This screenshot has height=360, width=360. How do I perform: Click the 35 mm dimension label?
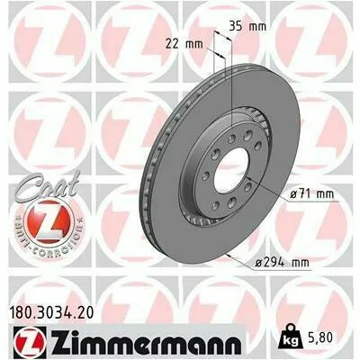point(247,27)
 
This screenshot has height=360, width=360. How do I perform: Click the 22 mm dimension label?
point(184,44)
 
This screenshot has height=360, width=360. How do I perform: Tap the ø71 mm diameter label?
point(311,194)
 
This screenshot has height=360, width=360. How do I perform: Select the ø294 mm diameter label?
point(282,263)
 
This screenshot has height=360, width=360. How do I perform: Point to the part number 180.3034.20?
point(51,312)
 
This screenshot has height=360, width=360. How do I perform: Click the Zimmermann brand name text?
point(145,341)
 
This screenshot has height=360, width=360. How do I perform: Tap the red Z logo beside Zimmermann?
point(30,341)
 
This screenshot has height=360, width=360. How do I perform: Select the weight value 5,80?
point(322,337)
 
